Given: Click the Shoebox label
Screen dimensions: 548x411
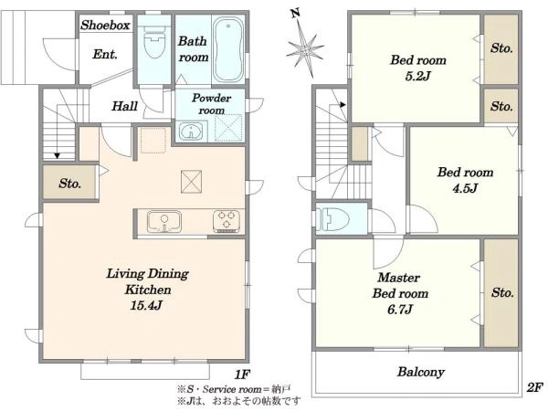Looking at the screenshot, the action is [105, 26].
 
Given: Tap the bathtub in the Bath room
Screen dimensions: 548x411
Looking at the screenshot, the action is [228, 49].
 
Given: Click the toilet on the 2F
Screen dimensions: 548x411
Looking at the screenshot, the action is [332, 219].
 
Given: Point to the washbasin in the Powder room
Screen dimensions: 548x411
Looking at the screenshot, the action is [191, 132].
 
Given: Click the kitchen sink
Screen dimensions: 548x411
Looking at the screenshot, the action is [164, 221].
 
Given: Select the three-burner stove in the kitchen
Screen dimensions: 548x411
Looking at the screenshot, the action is [227, 221].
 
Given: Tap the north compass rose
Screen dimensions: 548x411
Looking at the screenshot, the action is [304, 47].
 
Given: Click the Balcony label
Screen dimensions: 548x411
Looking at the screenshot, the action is [421, 372].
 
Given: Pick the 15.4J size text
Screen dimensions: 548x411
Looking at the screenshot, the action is [146, 306].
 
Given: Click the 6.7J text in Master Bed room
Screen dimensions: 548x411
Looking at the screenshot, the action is [400, 310].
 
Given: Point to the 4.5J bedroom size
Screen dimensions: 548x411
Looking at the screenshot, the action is [465, 189].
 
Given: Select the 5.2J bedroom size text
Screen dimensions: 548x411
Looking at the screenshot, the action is [417, 76].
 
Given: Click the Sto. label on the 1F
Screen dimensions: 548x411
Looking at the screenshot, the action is [70, 184].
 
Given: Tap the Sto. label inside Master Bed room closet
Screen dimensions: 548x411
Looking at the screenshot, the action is [502, 292].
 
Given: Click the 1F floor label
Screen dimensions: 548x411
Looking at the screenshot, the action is [241, 375].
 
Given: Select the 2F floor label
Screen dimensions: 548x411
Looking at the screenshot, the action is [534, 387].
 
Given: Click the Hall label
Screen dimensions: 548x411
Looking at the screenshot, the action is [124, 106].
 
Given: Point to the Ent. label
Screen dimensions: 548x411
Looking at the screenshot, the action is [105, 54].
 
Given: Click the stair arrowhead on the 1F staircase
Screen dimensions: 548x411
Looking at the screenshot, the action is [57, 156].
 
